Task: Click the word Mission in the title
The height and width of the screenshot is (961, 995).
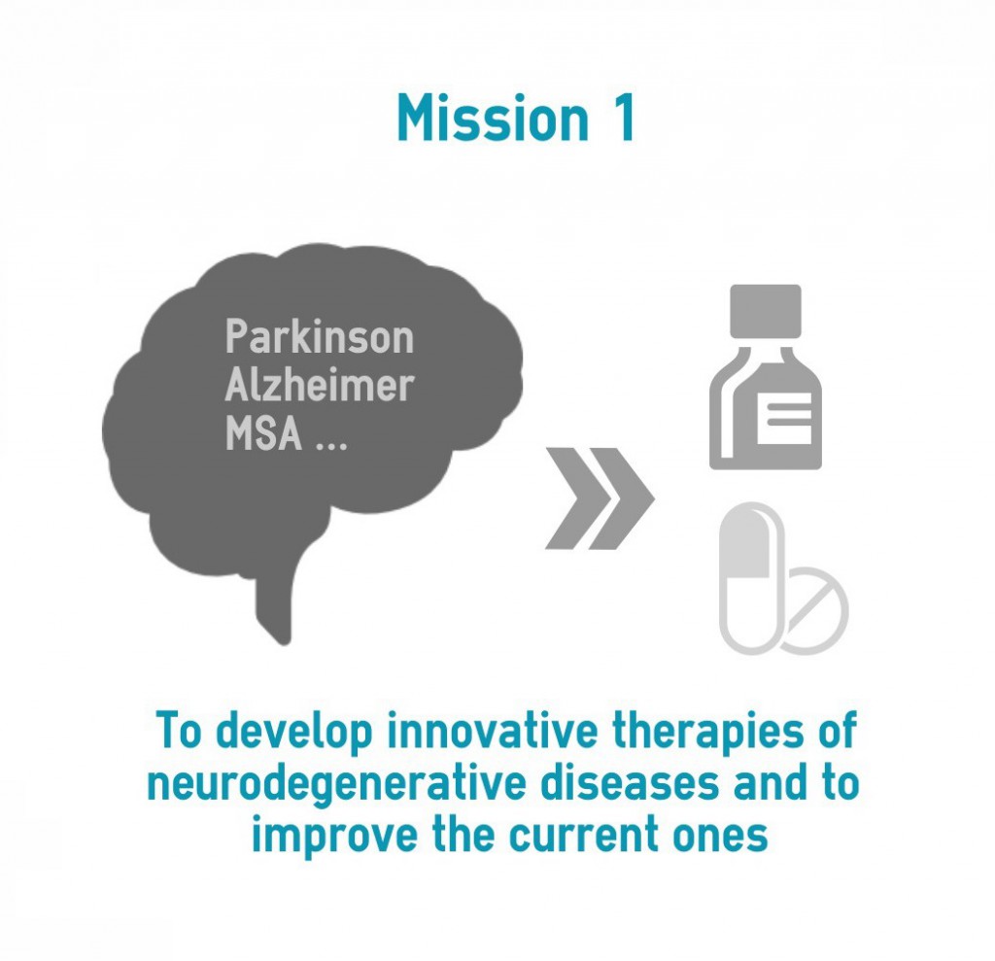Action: [x=493, y=118]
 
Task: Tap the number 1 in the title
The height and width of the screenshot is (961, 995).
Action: [x=625, y=118]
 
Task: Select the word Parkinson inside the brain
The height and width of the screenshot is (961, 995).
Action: [x=319, y=336]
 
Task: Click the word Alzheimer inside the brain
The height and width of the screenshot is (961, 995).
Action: [x=319, y=385]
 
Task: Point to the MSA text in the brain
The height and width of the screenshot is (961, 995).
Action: [x=263, y=433]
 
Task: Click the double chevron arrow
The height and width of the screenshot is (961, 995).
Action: [x=600, y=498]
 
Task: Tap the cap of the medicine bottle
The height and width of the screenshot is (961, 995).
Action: [x=766, y=311]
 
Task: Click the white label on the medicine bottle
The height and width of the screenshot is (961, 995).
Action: [x=784, y=418]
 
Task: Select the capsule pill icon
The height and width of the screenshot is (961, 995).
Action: [x=751, y=577]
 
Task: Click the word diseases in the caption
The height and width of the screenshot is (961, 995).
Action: [x=630, y=783]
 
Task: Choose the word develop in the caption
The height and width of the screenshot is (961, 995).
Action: [x=293, y=733]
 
